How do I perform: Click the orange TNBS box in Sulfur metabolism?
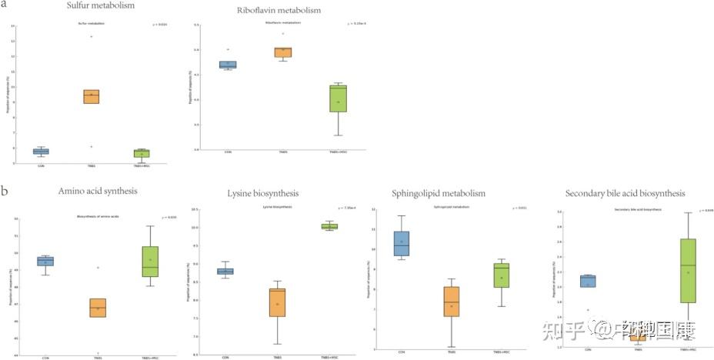tap(92, 96)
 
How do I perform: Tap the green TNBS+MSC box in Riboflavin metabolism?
tap(336, 98)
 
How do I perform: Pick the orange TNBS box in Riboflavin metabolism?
tap(282, 52)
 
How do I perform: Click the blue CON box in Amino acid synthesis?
tap(45, 261)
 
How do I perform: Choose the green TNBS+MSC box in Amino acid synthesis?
tap(150, 262)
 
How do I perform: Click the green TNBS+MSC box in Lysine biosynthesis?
tap(329, 226)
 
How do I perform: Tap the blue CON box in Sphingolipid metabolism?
tap(402, 244)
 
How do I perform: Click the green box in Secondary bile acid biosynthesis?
tap(688, 271)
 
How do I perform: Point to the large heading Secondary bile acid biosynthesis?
tap(624, 193)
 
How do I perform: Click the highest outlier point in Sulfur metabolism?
tap(92, 36)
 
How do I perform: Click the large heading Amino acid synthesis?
tap(85, 191)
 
